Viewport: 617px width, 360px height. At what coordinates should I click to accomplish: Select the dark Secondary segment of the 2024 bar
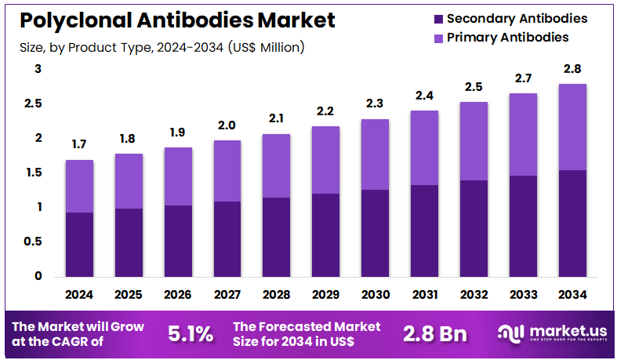[79, 244]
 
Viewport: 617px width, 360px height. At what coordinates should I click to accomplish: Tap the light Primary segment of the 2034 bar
[573, 127]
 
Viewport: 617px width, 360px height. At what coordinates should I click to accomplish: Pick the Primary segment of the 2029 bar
[326, 160]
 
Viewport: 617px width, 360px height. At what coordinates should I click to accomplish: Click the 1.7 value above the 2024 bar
[79, 145]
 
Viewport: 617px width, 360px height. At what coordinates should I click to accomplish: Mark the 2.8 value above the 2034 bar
[573, 69]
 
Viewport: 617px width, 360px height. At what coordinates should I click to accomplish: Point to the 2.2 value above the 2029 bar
[326, 111]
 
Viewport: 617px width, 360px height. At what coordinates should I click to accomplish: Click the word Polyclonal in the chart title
[71, 20]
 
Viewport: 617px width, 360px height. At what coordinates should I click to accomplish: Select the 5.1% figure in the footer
[191, 333]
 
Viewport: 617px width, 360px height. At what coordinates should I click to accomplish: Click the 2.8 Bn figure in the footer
[435, 333]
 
